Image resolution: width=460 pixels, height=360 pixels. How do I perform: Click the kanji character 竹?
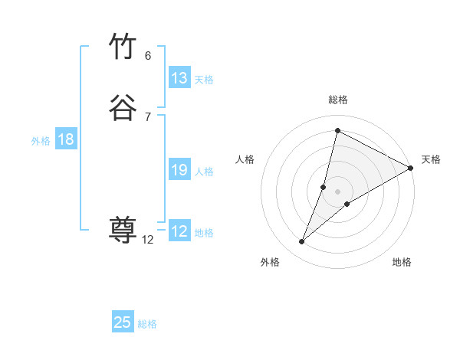[123, 47]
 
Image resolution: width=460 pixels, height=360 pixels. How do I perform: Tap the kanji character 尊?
[123, 229]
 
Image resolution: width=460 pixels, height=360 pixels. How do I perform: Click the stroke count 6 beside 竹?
[148, 56]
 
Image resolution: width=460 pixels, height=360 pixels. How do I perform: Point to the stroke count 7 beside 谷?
[148, 116]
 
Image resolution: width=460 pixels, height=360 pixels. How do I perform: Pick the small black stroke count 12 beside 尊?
[148, 240]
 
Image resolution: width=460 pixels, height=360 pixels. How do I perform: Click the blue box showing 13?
[179, 78]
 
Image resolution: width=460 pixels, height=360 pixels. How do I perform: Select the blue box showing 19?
[179, 170]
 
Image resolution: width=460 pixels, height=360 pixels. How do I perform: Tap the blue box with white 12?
[179, 231]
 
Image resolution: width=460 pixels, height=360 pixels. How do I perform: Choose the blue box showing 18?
[66, 139]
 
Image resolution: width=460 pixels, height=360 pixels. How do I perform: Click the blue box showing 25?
[123, 322]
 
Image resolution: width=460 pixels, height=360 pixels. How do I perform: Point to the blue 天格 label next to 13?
[204, 80]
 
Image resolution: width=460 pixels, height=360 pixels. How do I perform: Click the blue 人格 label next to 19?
[204, 172]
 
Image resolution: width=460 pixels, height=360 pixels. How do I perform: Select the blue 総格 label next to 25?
[147, 324]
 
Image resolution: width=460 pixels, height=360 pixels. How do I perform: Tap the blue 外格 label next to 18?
[41, 141]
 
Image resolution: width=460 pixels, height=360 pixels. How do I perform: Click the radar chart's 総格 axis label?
[337, 100]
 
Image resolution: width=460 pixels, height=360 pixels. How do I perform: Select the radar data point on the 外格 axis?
[302, 242]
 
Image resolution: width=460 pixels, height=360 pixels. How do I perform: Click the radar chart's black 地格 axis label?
[402, 262]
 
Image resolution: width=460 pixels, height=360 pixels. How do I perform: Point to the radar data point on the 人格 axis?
[324, 186]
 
